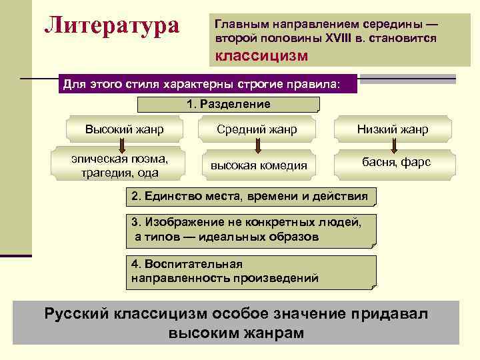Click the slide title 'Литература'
(x=112, y=26)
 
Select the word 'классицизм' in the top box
(x=261, y=55)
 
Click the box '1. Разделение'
(x=228, y=104)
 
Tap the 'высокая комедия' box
(x=259, y=165)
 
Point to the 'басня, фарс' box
(x=396, y=162)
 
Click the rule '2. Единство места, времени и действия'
(x=250, y=197)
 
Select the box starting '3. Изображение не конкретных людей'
(x=250, y=229)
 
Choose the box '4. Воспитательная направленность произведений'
(x=250, y=271)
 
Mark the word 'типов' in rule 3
(x=165, y=237)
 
